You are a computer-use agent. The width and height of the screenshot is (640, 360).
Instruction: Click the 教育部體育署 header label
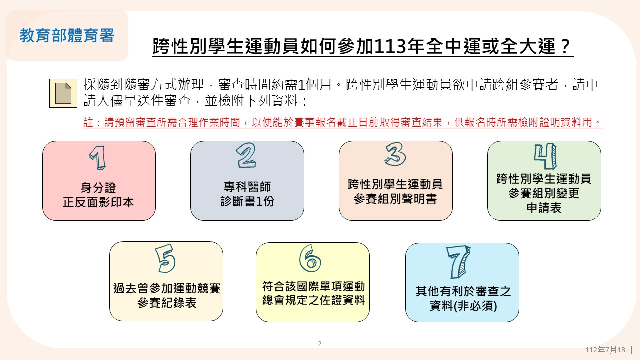(x=67, y=35)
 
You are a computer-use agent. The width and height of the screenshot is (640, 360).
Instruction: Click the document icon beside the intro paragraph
(x=63, y=93)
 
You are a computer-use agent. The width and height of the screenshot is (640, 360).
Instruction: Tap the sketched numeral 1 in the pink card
(x=97, y=158)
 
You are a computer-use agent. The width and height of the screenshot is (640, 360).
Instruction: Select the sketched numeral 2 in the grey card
(x=246, y=155)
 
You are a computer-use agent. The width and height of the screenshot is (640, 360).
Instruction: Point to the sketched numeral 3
(x=395, y=154)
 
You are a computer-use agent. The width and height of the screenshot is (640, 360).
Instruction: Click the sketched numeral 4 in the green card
(x=545, y=156)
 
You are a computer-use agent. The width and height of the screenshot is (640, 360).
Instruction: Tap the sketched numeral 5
(x=165, y=258)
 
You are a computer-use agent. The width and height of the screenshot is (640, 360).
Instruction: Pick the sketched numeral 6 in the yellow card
(x=310, y=258)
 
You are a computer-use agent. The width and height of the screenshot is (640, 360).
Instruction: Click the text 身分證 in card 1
(x=98, y=188)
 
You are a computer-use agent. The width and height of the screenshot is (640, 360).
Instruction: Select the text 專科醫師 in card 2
(x=247, y=187)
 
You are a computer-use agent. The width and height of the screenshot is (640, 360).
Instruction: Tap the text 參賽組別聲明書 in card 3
(x=395, y=199)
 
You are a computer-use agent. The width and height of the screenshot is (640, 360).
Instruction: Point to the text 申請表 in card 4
(x=544, y=208)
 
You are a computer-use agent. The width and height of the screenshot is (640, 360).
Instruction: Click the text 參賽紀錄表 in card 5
(x=167, y=303)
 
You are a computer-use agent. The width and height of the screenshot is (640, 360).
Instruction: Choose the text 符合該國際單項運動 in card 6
(x=313, y=286)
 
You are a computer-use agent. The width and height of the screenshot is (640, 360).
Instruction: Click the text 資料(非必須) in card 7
(x=463, y=306)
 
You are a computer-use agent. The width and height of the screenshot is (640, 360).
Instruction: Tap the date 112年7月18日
(x=609, y=350)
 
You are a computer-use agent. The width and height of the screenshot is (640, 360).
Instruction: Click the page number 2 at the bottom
(x=320, y=344)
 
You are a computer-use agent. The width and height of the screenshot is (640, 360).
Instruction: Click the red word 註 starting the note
(x=88, y=122)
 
